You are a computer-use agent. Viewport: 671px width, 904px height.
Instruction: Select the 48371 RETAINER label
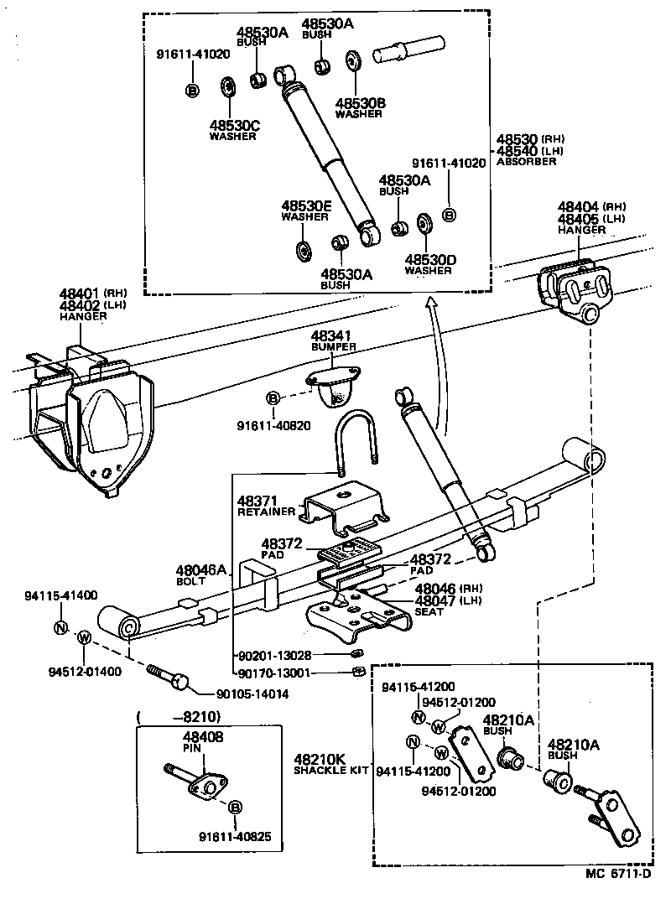tap(265, 505)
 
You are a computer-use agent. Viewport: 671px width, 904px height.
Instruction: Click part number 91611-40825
tap(235, 835)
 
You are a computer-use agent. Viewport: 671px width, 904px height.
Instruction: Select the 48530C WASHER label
tap(233, 130)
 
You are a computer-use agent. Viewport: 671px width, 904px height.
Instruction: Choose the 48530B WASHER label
tap(360, 107)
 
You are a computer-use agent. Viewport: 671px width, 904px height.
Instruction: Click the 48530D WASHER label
tap(429, 264)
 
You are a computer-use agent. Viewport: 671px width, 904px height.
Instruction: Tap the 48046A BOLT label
tap(200, 574)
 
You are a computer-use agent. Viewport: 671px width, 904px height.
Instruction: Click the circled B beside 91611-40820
tap(273, 397)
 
